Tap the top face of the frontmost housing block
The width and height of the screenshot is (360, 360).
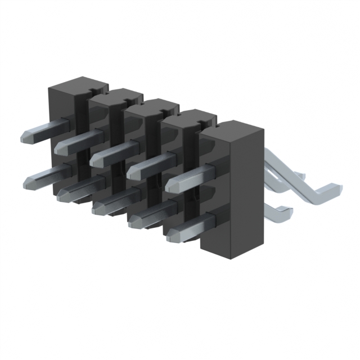coord(232,129)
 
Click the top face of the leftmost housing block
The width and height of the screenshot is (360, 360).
coord(76,83)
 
